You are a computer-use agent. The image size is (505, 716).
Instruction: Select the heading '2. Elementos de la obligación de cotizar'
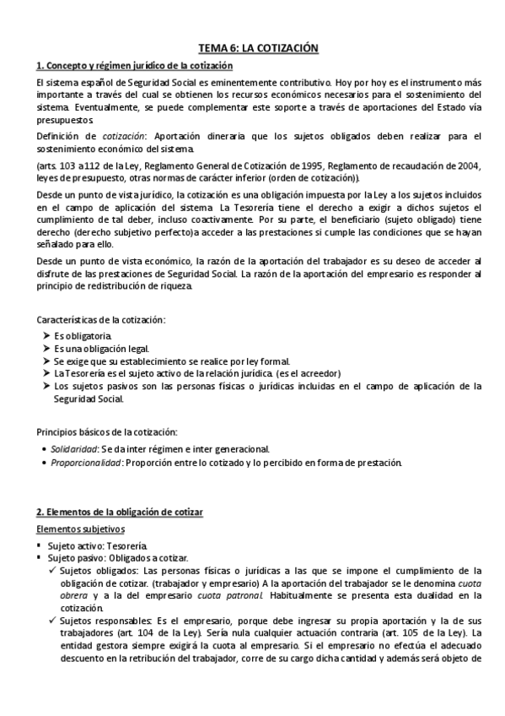pyautogui.click(x=120, y=513)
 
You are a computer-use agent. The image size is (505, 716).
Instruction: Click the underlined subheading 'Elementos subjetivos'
pyautogui.click(x=81, y=529)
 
